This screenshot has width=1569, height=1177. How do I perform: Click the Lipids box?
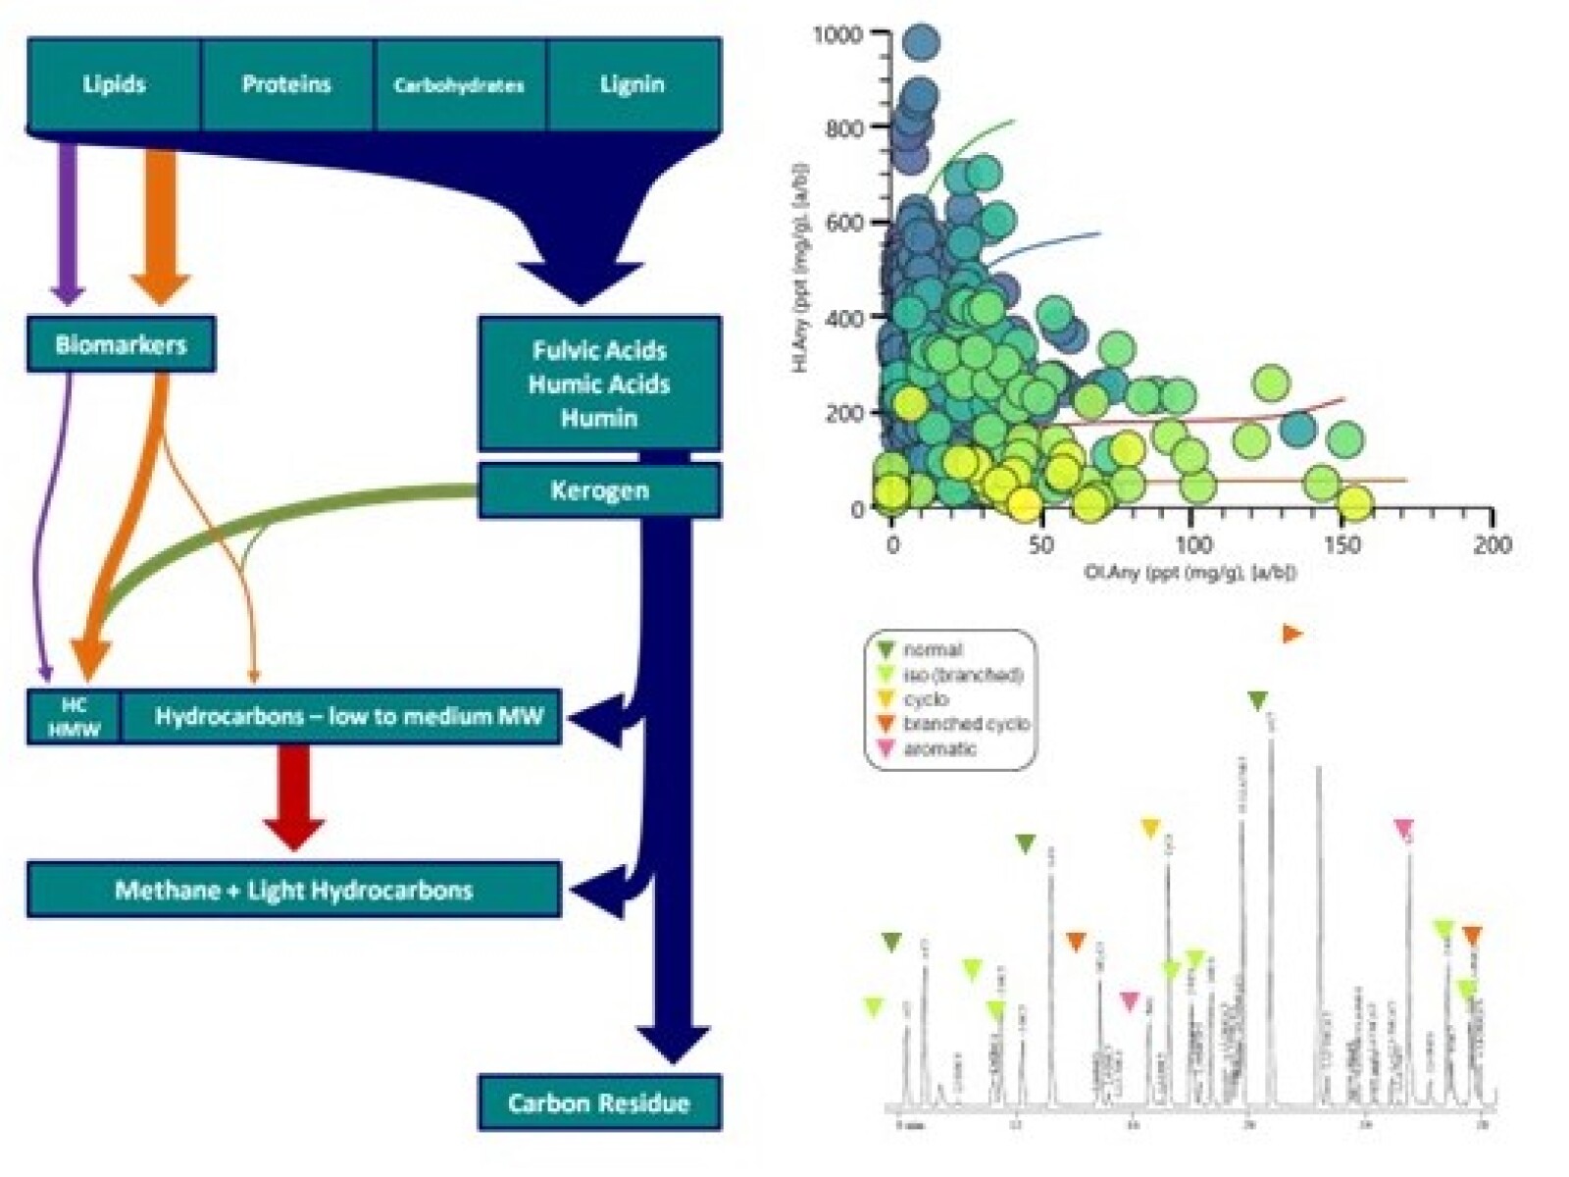point(114,84)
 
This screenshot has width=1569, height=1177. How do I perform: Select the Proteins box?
point(286,84)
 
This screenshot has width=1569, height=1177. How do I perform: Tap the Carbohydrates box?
point(459,85)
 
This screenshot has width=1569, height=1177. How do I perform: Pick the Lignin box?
point(633,84)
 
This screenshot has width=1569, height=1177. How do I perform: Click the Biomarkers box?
point(121,344)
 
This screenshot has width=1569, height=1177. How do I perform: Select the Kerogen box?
point(599,490)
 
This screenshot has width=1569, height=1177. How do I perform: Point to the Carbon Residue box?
point(599,1103)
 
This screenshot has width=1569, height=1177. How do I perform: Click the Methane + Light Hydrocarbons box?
point(293,890)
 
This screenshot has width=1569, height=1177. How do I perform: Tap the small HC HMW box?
point(75,717)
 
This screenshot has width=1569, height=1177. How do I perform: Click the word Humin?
point(599,418)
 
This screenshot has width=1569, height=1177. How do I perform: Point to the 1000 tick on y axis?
point(839,35)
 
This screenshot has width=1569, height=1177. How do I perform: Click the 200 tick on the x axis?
point(1492,544)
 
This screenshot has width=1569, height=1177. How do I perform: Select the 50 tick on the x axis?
point(1041,544)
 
